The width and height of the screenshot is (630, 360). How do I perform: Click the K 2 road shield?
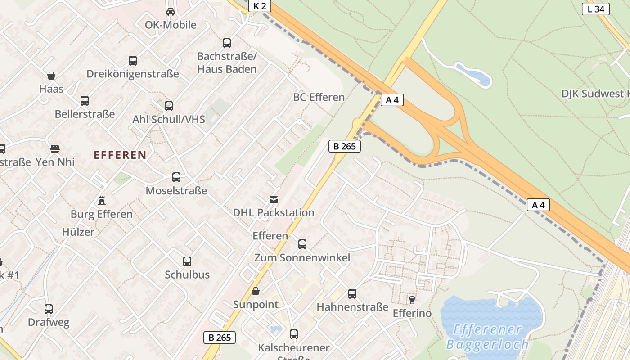260,6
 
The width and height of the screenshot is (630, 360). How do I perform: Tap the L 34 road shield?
595,9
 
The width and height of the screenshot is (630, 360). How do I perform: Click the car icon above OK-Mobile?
171,12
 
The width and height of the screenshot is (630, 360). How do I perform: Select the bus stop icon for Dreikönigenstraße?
132,61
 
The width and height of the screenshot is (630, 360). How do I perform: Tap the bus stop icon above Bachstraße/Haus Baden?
227,43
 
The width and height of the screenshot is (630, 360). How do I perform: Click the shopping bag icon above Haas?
51,76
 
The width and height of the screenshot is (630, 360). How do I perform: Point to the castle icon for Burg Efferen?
102,201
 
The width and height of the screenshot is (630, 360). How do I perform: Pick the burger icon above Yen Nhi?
55,148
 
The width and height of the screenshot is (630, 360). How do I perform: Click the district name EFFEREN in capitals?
120,155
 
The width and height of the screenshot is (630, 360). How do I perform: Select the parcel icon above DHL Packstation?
273,199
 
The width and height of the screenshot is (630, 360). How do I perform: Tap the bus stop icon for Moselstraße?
176,177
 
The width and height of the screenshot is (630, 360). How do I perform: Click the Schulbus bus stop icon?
187,261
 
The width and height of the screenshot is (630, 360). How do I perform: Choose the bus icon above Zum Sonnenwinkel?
302,244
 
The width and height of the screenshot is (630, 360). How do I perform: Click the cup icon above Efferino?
412,300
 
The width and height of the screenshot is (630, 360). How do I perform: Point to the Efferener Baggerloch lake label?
487,337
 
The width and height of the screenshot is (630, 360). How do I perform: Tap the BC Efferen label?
319,97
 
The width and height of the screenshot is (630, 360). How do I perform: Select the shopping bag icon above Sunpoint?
256,291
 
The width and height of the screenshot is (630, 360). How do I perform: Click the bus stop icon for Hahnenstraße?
352,294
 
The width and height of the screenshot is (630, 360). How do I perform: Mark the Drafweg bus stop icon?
49,309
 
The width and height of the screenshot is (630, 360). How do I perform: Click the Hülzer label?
78,232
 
